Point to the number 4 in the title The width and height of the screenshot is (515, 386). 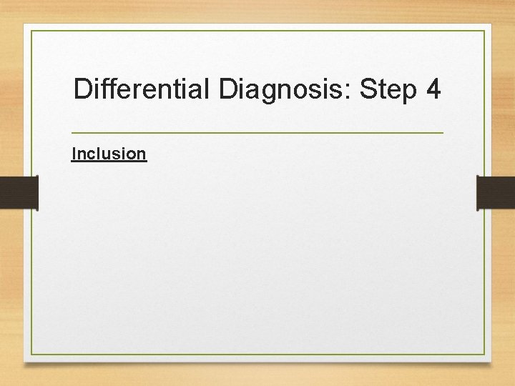coord(433,90)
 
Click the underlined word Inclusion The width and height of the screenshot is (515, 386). coord(109,153)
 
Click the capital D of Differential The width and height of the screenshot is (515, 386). coord(83,90)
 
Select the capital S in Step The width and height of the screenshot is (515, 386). coord(369,90)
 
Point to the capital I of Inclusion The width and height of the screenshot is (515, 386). coord(74,153)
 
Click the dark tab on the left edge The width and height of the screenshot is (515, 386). coord(19,193)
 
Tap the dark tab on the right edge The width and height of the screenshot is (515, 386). coord(496,193)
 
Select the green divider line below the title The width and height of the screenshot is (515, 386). coord(257,133)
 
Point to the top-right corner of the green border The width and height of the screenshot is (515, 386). coord(484,31)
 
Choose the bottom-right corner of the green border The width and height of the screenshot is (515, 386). coord(484,355)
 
